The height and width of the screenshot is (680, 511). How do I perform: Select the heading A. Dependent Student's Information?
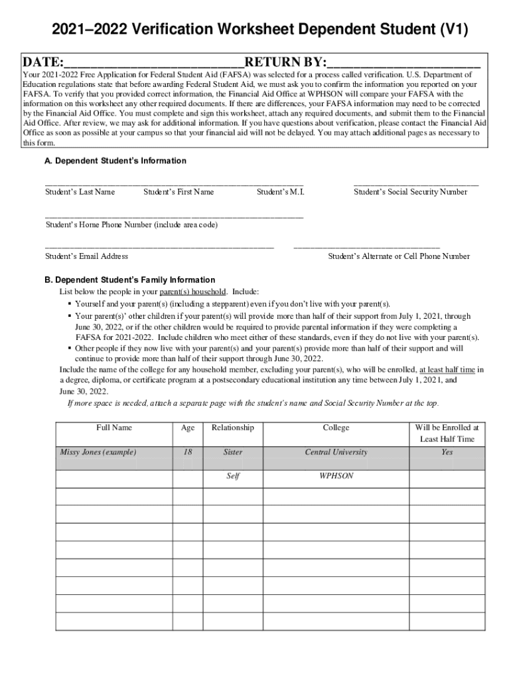[x=115, y=161]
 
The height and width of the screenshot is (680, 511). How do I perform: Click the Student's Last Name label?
[x=80, y=192]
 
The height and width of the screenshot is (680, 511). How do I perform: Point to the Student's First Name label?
[x=179, y=192]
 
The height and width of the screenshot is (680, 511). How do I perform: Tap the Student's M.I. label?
[x=281, y=192]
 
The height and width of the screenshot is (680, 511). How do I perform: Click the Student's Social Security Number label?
[x=410, y=192]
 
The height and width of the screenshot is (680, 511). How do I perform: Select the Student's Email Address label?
[x=86, y=256]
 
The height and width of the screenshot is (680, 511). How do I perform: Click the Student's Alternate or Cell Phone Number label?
[x=399, y=256]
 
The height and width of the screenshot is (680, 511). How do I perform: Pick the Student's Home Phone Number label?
[x=131, y=224]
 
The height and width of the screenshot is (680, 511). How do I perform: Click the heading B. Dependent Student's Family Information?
[x=129, y=280]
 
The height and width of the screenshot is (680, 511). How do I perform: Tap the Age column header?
[x=188, y=428]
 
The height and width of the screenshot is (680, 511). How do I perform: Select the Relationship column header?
[x=232, y=428]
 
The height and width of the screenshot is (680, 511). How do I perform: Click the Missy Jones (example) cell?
[x=98, y=452]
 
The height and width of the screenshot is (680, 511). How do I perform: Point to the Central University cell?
[x=336, y=452]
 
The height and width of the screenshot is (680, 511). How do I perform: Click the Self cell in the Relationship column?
[x=233, y=476]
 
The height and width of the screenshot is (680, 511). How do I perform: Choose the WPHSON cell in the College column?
[x=336, y=476]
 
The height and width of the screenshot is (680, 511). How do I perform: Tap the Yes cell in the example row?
[x=447, y=452]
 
